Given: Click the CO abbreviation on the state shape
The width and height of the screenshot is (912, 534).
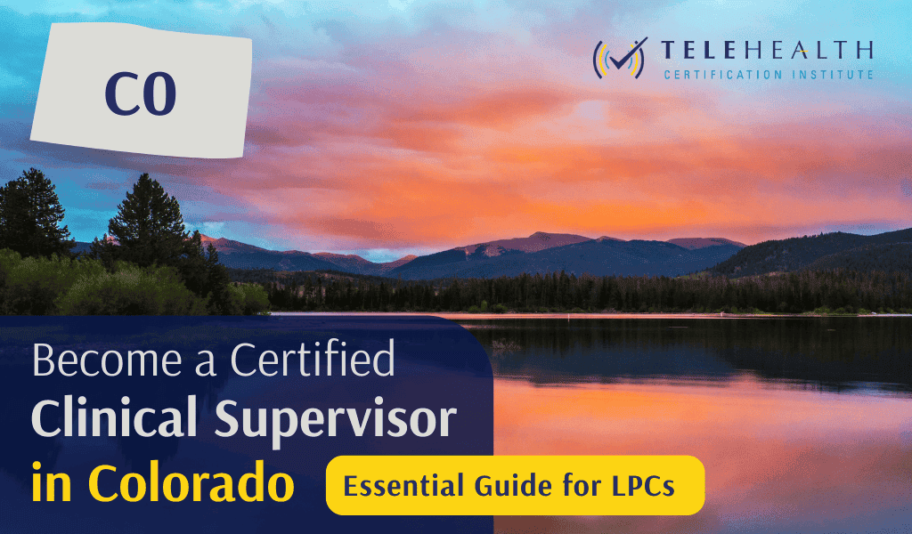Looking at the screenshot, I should pyautogui.click(x=141, y=96).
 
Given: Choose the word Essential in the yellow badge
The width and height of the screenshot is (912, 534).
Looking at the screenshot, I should pyautogui.click(x=394, y=487).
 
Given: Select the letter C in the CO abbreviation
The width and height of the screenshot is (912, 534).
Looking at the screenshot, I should pyautogui.click(x=119, y=96).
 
